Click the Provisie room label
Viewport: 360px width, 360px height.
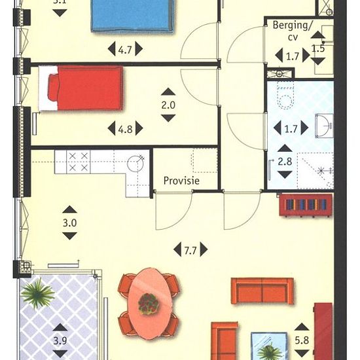click(181, 181)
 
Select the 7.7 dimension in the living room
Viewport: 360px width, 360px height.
click(190, 249)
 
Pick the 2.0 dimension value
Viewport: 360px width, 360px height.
click(168, 105)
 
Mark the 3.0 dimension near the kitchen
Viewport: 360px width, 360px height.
click(70, 223)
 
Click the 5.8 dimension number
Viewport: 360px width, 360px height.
click(302, 340)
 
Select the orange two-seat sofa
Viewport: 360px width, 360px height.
click(262, 291)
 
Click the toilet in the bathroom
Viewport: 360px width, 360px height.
click(286, 96)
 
